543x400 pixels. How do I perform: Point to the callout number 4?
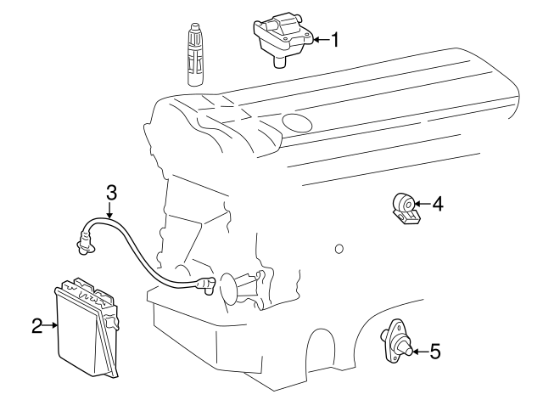tap(438, 204)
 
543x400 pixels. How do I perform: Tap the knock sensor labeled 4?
tap(406, 208)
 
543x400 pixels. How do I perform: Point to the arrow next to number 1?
tap(319, 39)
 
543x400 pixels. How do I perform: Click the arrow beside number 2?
tap(53, 324)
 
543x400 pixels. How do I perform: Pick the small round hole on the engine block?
tap(339, 249)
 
